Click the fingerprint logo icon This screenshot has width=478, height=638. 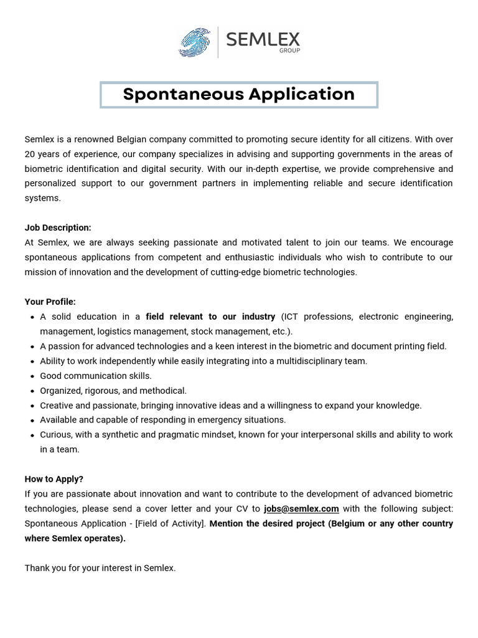click(194, 42)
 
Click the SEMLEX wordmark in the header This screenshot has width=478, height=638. click(263, 39)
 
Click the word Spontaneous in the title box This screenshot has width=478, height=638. click(183, 94)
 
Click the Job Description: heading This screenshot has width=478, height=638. click(58, 228)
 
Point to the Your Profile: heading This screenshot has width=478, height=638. click(50, 302)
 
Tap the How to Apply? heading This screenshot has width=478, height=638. click(54, 479)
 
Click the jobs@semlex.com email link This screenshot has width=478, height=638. click(301, 508)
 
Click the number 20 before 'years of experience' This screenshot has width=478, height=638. click(30, 154)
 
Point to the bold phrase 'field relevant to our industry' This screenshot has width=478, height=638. click(210, 317)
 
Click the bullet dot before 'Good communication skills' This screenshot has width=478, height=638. click(32, 376)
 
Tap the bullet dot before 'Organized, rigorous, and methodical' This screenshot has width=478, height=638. click(32, 391)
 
